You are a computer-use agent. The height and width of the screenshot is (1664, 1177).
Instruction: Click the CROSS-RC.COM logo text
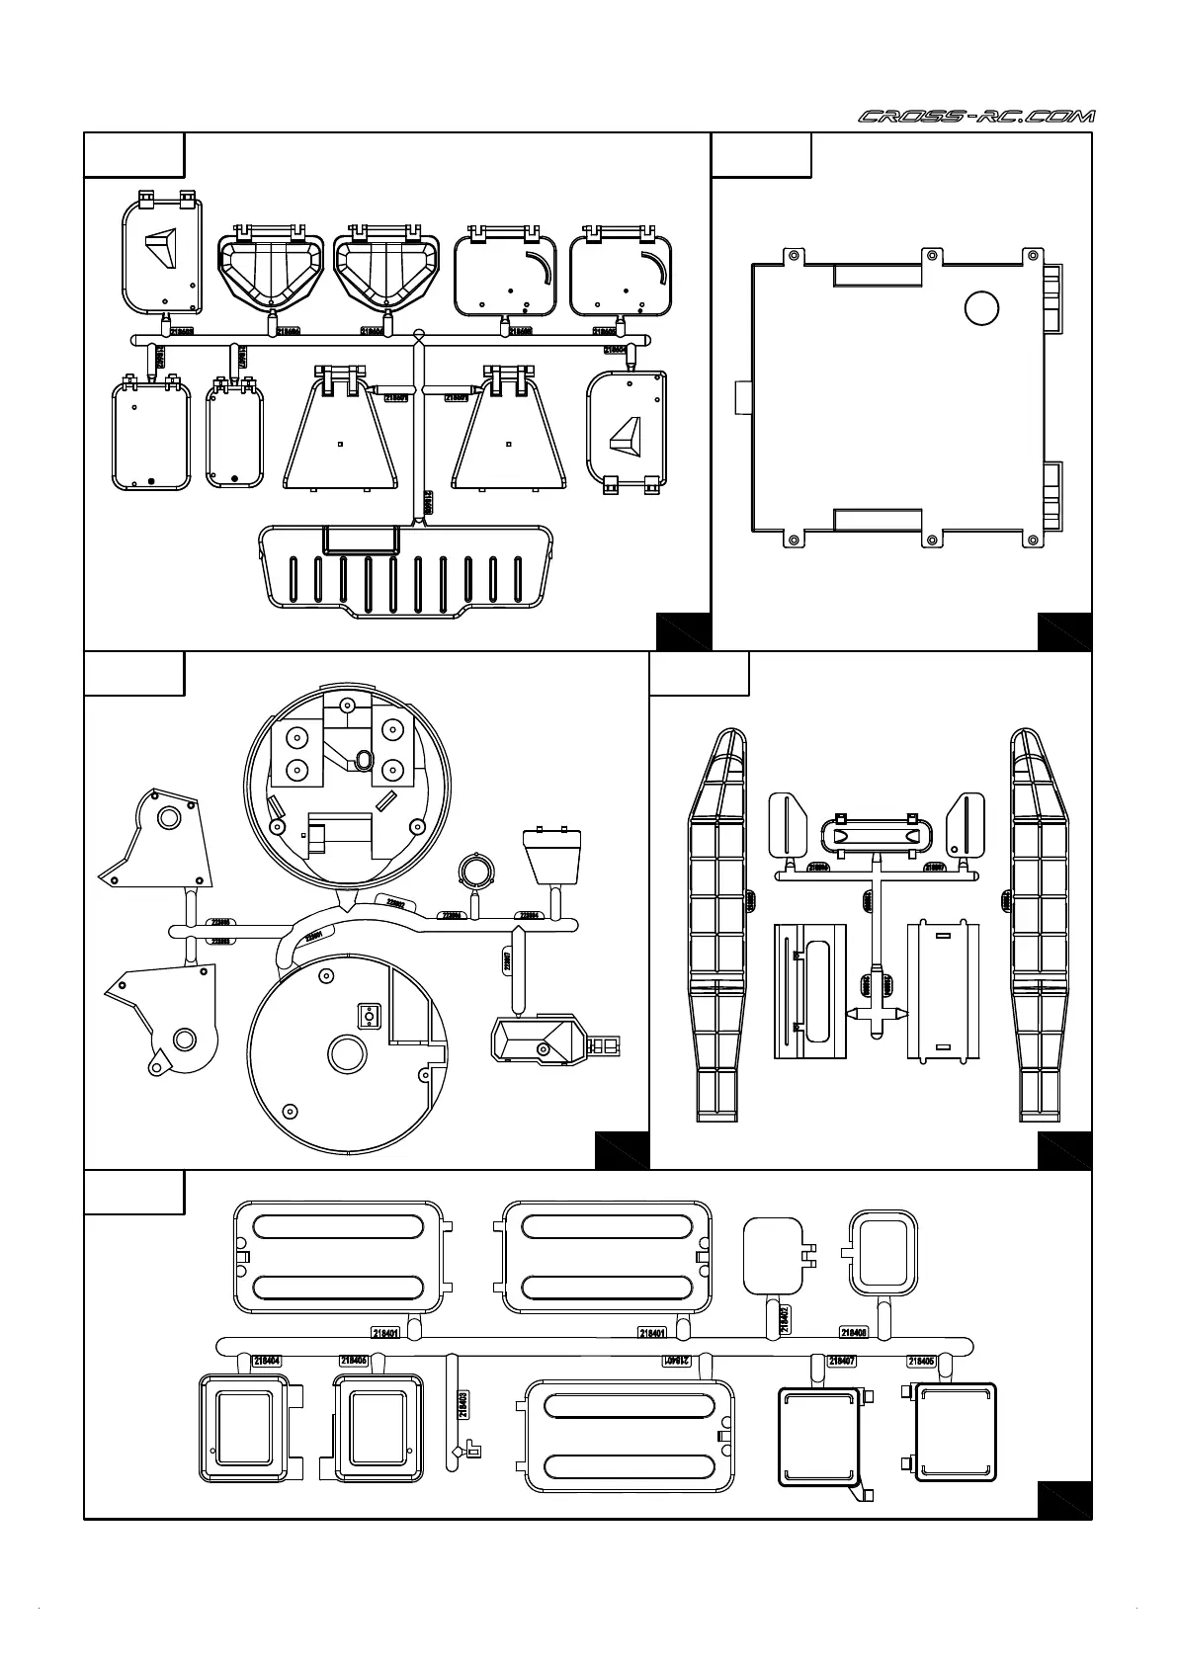tap(976, 117)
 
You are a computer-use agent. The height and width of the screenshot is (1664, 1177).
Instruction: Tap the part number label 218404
tap(267, 1361)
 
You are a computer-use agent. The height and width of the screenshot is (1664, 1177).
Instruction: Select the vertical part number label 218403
tap(462, 1404)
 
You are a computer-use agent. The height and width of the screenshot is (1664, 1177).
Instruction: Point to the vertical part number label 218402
tap(784, 1319)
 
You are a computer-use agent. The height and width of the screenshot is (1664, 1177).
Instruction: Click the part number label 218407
tap(841, 1361)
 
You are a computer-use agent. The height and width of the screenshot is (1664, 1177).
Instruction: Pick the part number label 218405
tap(921, 1361)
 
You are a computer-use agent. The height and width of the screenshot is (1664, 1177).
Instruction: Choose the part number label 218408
tap(854, 1332)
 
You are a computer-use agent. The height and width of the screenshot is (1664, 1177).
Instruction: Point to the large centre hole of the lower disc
tap(347, 1053)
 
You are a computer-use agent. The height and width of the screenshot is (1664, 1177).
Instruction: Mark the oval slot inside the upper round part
tap(363, 760)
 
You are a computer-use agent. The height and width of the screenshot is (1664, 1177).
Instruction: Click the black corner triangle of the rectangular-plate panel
tap(1064, 631)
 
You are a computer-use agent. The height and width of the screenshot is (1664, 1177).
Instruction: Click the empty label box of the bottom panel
tap(133, 1192)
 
